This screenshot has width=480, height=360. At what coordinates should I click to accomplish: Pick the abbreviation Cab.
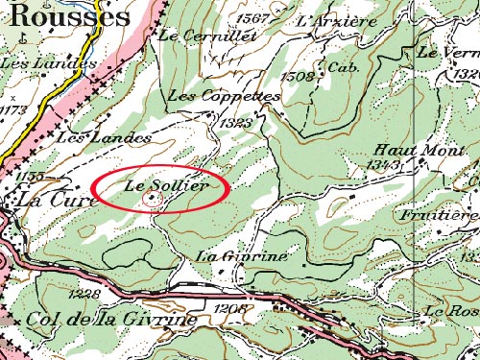click(x=342, y=68)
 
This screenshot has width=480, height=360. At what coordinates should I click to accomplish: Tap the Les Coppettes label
click(x=224, y=97)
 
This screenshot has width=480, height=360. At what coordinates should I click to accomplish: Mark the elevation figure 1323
click(x=234, y=123)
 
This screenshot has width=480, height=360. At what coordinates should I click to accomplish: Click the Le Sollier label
click(x=166, y=184)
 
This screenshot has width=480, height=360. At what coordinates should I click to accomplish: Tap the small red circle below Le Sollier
click(x=151, y=199)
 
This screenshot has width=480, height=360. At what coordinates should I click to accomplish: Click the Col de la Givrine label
click(x=114, y=319)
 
